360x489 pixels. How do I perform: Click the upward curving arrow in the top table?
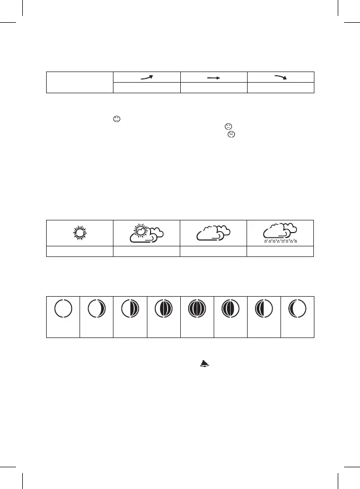click(147, 77)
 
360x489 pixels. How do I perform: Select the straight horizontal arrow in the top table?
click(214, 77)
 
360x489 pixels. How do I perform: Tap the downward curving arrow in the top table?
click(280, 77)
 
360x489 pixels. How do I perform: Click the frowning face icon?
click(231, 135)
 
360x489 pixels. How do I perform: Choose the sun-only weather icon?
click(80, 233)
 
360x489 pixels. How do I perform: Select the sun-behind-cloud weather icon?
click(146, 233)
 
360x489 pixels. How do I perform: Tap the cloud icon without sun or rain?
click(213, 233)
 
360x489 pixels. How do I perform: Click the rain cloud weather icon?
click(280, 232)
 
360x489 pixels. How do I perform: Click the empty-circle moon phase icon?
click(63, 308)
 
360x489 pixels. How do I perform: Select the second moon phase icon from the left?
click(96, 308)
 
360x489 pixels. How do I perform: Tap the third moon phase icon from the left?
click(130, 308)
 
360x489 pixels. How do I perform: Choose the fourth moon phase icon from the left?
click(163, 308)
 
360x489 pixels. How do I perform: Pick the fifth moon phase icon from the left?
click(197, 308)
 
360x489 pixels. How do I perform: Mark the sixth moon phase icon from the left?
click(230, 308)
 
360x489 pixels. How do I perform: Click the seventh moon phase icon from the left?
click(264, 308)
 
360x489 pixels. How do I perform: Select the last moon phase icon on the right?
click(297, 308)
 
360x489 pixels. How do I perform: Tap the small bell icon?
click(204, 363)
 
